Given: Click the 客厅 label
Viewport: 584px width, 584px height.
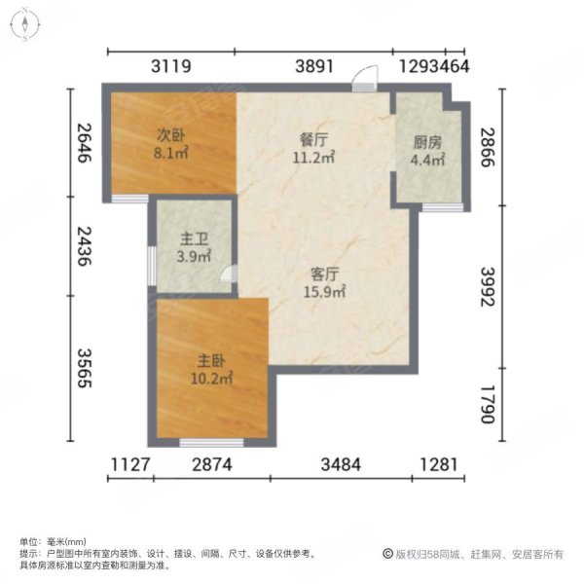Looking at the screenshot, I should tap(315, 274).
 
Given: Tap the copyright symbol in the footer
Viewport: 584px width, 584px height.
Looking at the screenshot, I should tap(387, 555).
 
